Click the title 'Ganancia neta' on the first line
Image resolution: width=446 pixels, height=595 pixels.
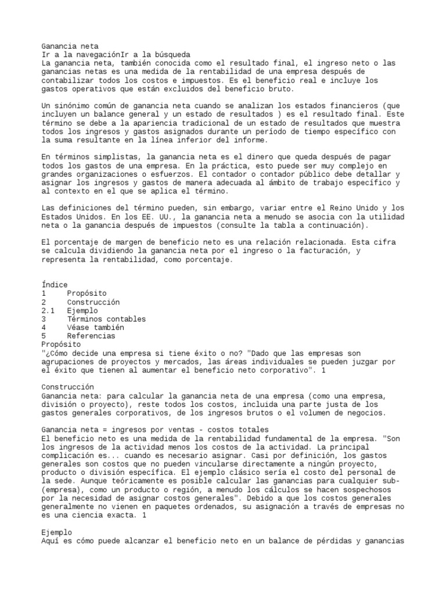[70, 45]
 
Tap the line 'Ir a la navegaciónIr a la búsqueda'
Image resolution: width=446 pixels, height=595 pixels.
[116, 54]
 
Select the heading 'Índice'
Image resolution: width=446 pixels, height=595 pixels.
[55, 285]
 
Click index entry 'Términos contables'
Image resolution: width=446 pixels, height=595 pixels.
[106, 319]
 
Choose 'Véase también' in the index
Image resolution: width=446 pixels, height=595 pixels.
[96, 327]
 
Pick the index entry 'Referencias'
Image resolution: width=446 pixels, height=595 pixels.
[91, 336]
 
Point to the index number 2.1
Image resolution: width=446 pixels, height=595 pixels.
[48, 310]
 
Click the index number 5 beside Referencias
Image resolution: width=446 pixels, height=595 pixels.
[44, 336]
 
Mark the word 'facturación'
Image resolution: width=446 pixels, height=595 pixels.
[323, 250]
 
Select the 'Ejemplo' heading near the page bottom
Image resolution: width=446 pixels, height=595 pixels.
[57, 532]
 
